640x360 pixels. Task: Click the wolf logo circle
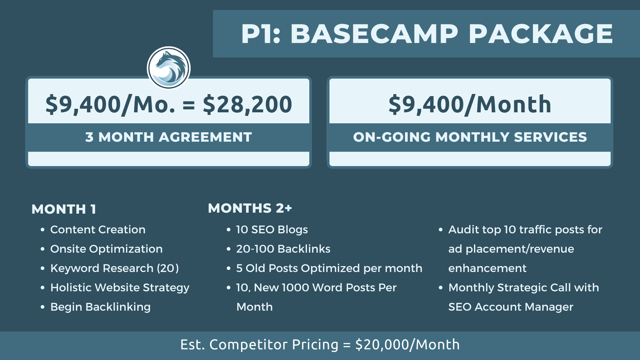coord(168,68)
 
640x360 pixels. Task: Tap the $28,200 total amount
coord(248,104)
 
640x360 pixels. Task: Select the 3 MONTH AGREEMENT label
coord(168,137)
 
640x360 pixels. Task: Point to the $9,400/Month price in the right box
coord(470,104)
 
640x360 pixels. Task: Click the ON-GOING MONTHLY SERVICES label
coord(470,137)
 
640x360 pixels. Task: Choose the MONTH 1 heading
coord(64,209)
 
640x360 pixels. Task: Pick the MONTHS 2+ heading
coord(250,208)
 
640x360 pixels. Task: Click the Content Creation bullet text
coord(98,230)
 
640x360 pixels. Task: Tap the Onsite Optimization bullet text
coord(106,249)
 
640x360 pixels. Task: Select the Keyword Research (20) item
coord(114,268)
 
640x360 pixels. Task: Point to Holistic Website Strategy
coord(120,288)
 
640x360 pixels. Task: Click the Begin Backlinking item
coord(100,307)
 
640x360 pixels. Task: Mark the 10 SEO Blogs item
coord(272,230)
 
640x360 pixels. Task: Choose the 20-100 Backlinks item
coord(283,249)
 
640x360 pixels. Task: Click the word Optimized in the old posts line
coord(330,268)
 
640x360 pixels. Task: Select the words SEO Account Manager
coord(511,307)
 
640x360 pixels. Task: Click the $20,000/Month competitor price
coord(408,345)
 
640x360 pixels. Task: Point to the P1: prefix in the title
coord(260,34)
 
